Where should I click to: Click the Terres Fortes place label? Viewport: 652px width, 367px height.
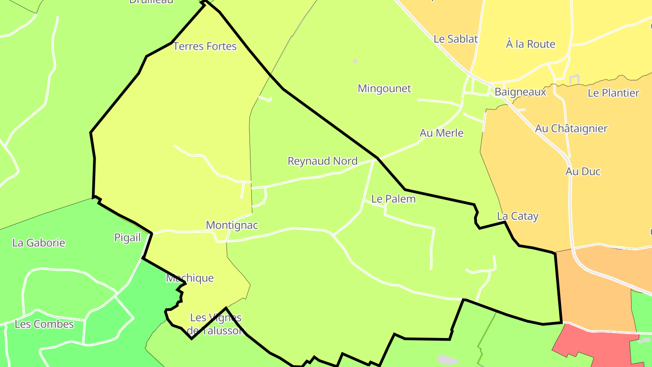205,46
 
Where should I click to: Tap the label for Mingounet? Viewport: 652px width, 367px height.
384,88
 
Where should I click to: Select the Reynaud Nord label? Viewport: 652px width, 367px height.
322,161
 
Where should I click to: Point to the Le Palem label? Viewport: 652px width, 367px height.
393,199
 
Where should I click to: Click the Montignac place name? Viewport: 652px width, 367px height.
232,225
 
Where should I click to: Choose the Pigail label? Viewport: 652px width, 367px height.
127,238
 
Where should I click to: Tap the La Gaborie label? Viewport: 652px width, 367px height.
39,243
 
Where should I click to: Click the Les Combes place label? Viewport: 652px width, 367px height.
44,324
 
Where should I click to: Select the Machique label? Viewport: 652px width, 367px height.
190,278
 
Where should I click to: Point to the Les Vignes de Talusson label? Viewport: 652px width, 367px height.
216,324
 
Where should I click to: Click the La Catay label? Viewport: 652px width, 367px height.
518,216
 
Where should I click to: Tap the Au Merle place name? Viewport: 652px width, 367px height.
441,133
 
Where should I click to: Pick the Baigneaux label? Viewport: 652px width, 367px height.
520,92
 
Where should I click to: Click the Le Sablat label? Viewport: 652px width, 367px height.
455,39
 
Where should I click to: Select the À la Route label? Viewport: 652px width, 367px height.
530,44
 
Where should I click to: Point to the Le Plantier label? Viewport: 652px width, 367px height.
613,93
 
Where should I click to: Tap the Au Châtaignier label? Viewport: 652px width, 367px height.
571,129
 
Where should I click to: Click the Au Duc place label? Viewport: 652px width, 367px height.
583,171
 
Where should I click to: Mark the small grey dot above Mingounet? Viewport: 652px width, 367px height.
355,61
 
